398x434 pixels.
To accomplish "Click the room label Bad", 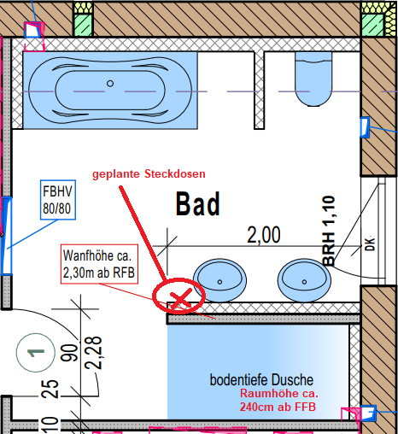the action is [x=198, y=204].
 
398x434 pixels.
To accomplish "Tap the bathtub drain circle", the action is [x=110, y=84].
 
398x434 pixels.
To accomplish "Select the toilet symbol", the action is [x=313, y=79].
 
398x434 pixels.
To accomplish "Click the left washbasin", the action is [x=219, y=280].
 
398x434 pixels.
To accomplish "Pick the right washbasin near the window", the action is [x=304, y=280].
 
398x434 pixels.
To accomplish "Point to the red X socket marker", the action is [x=180, y=299].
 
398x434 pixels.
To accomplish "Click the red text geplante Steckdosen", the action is [x=149, y=173].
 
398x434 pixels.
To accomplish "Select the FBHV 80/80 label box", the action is [x=58, y=200].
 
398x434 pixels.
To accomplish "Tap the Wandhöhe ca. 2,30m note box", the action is [x=99, y=264].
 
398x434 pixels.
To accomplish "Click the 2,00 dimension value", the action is [x=264, y=235].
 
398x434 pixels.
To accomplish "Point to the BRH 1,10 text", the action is [x=329, y=231].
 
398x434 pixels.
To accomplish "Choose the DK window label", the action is [x=370, y=243].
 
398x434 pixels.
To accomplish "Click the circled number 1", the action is [x=36, y=353].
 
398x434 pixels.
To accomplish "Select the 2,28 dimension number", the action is [x=93, y=353].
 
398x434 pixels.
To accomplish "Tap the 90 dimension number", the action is [x=69, y=353].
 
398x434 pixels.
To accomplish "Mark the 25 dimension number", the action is [x=50, y=389].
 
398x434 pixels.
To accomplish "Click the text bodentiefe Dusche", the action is [x=261, y=380].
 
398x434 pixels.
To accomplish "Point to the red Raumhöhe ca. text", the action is [x=279, y=393].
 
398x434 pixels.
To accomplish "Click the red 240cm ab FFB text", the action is [x=278, y=407].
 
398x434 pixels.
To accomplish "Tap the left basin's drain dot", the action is [x=219, y=282].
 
